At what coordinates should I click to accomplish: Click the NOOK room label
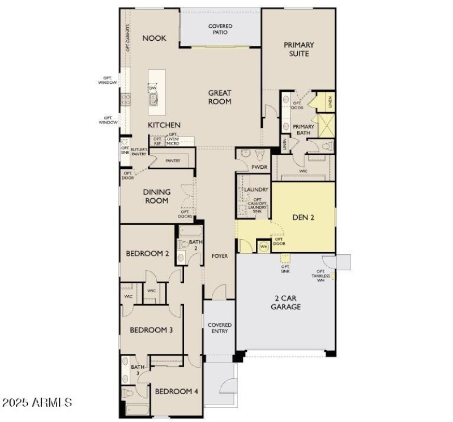[x=154, y=38]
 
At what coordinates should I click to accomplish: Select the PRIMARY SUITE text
[x=298, y=49]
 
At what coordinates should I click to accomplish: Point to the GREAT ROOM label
[x=220, y=97]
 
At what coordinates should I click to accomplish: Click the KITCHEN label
[x=164, y=125]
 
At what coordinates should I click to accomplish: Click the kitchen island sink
[x=153, y=100]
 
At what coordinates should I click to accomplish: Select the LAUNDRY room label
[x=256, y=190]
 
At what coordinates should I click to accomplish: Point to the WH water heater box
[x=263, y=246]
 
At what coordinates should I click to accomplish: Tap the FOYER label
[x=220, y=256]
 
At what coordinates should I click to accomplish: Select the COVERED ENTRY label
[x=220, y=328]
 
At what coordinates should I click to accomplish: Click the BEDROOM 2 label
[x=148, y=254]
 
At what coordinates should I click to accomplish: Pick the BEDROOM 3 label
[x=151, y=330]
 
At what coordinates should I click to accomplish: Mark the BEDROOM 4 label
[x=177, y=391]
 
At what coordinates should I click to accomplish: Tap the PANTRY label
[x=173, y=161]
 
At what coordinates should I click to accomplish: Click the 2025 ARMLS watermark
[x=37, y=403]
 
